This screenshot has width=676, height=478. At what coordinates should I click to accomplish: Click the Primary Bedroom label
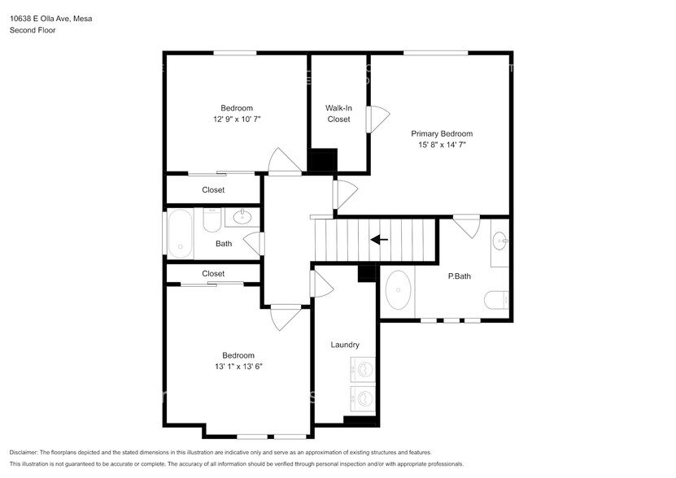[441, 133]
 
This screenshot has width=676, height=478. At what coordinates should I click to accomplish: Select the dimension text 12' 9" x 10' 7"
[237, 119]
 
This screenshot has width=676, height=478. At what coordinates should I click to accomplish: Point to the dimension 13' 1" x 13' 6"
[238, 367]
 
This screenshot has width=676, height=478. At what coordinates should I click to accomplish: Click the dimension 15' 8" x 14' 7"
[442, 145]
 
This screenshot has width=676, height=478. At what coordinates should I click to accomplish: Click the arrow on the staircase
[378, 239]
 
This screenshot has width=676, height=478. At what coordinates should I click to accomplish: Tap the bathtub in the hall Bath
[179, 233]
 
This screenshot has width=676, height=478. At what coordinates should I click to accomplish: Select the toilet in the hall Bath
[212, 219]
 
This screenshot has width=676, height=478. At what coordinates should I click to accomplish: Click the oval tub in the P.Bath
[398, 291]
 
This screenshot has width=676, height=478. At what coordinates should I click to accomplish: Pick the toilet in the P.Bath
[497, 302]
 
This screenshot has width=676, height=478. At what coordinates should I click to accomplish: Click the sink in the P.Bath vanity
[499, 241]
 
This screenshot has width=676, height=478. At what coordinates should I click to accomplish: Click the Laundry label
[345, 345]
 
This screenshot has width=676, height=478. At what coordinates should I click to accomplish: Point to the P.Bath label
[460, 276]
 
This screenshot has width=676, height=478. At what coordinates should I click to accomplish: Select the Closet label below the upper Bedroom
[213, 190]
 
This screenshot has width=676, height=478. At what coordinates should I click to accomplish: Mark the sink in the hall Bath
[242, 216]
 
